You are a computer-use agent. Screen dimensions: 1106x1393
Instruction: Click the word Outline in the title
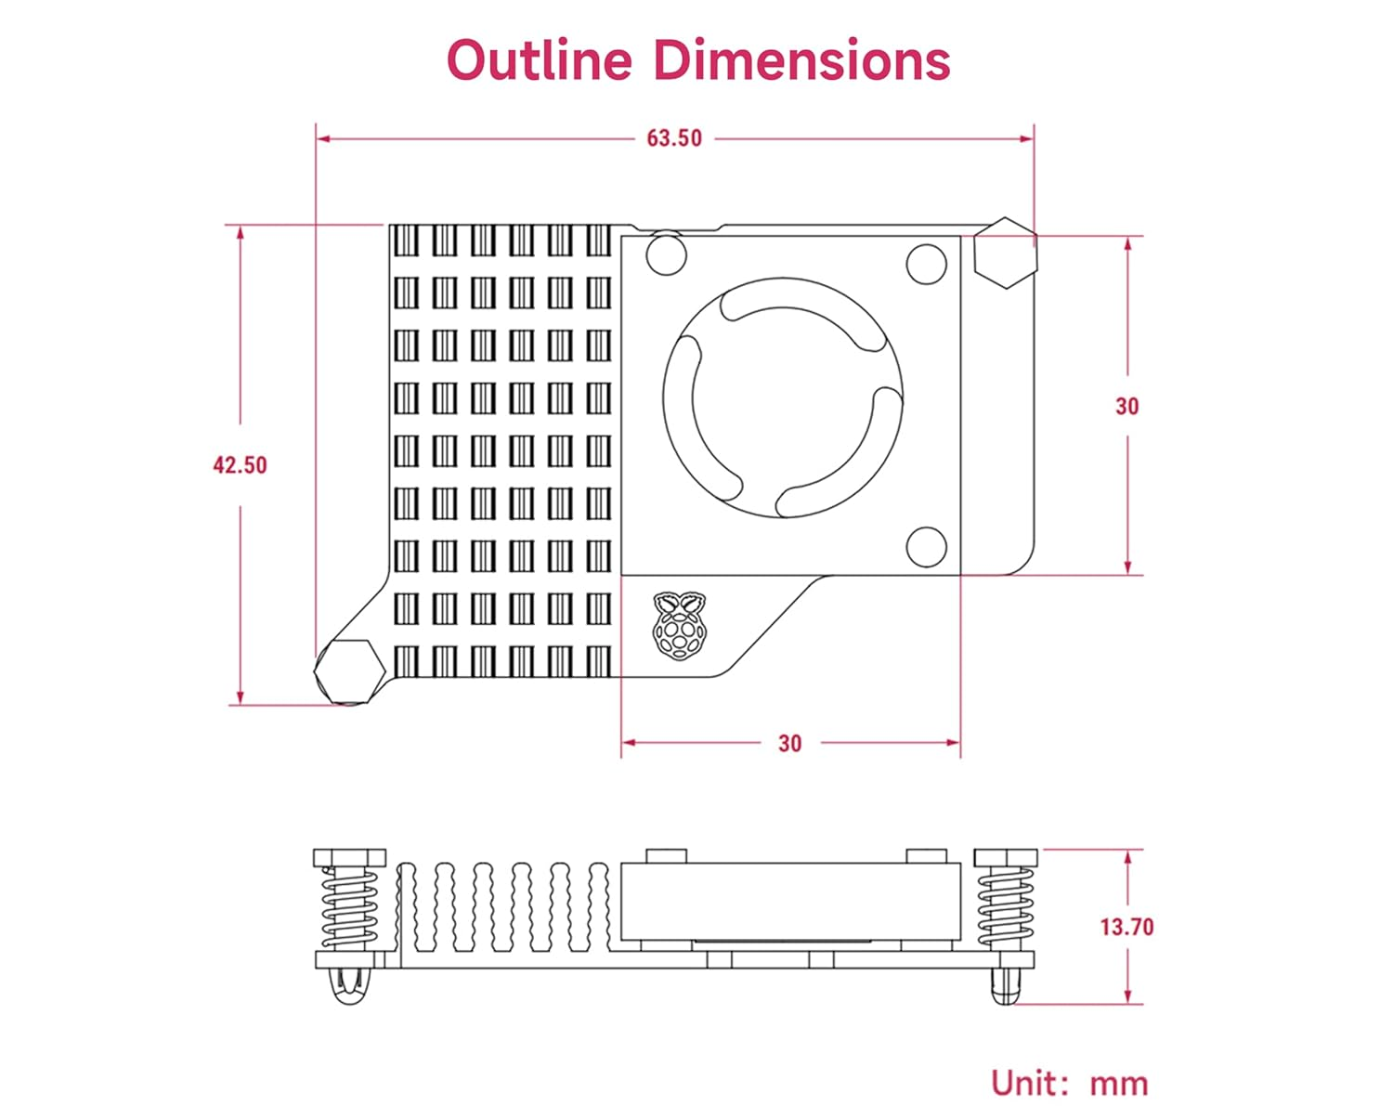[539, 60]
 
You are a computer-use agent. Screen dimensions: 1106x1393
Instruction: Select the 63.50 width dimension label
[674, 138]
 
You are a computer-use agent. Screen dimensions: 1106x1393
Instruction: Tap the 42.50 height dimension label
[240, 464]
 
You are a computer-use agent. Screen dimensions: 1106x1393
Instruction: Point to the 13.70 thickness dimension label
[1126, 927]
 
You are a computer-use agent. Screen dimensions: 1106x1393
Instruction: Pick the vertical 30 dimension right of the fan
[1126, 406]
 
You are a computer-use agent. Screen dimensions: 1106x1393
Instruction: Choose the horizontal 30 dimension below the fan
[789, 743]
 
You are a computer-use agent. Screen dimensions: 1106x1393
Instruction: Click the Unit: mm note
[1069, 1083]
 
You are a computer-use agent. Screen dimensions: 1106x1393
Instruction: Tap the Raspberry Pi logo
[679, 626]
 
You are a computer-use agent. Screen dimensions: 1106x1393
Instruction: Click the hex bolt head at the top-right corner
[1005, 253]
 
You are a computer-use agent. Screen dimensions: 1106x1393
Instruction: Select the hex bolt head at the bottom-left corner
[349, 671]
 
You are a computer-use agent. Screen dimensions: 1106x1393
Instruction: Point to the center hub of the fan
[783, 397]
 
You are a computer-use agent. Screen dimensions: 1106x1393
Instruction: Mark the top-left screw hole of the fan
[666, 254]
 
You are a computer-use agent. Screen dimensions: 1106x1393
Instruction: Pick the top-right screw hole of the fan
[926, 264]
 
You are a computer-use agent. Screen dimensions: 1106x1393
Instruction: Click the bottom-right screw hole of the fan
[926, 547]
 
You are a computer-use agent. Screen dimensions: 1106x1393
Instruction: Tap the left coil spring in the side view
[349, 908]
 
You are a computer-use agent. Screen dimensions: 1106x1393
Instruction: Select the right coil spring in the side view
[1005, 908]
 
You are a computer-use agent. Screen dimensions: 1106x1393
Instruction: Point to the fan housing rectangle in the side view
[790, 901]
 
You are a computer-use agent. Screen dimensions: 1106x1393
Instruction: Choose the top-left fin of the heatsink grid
[406, 241]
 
